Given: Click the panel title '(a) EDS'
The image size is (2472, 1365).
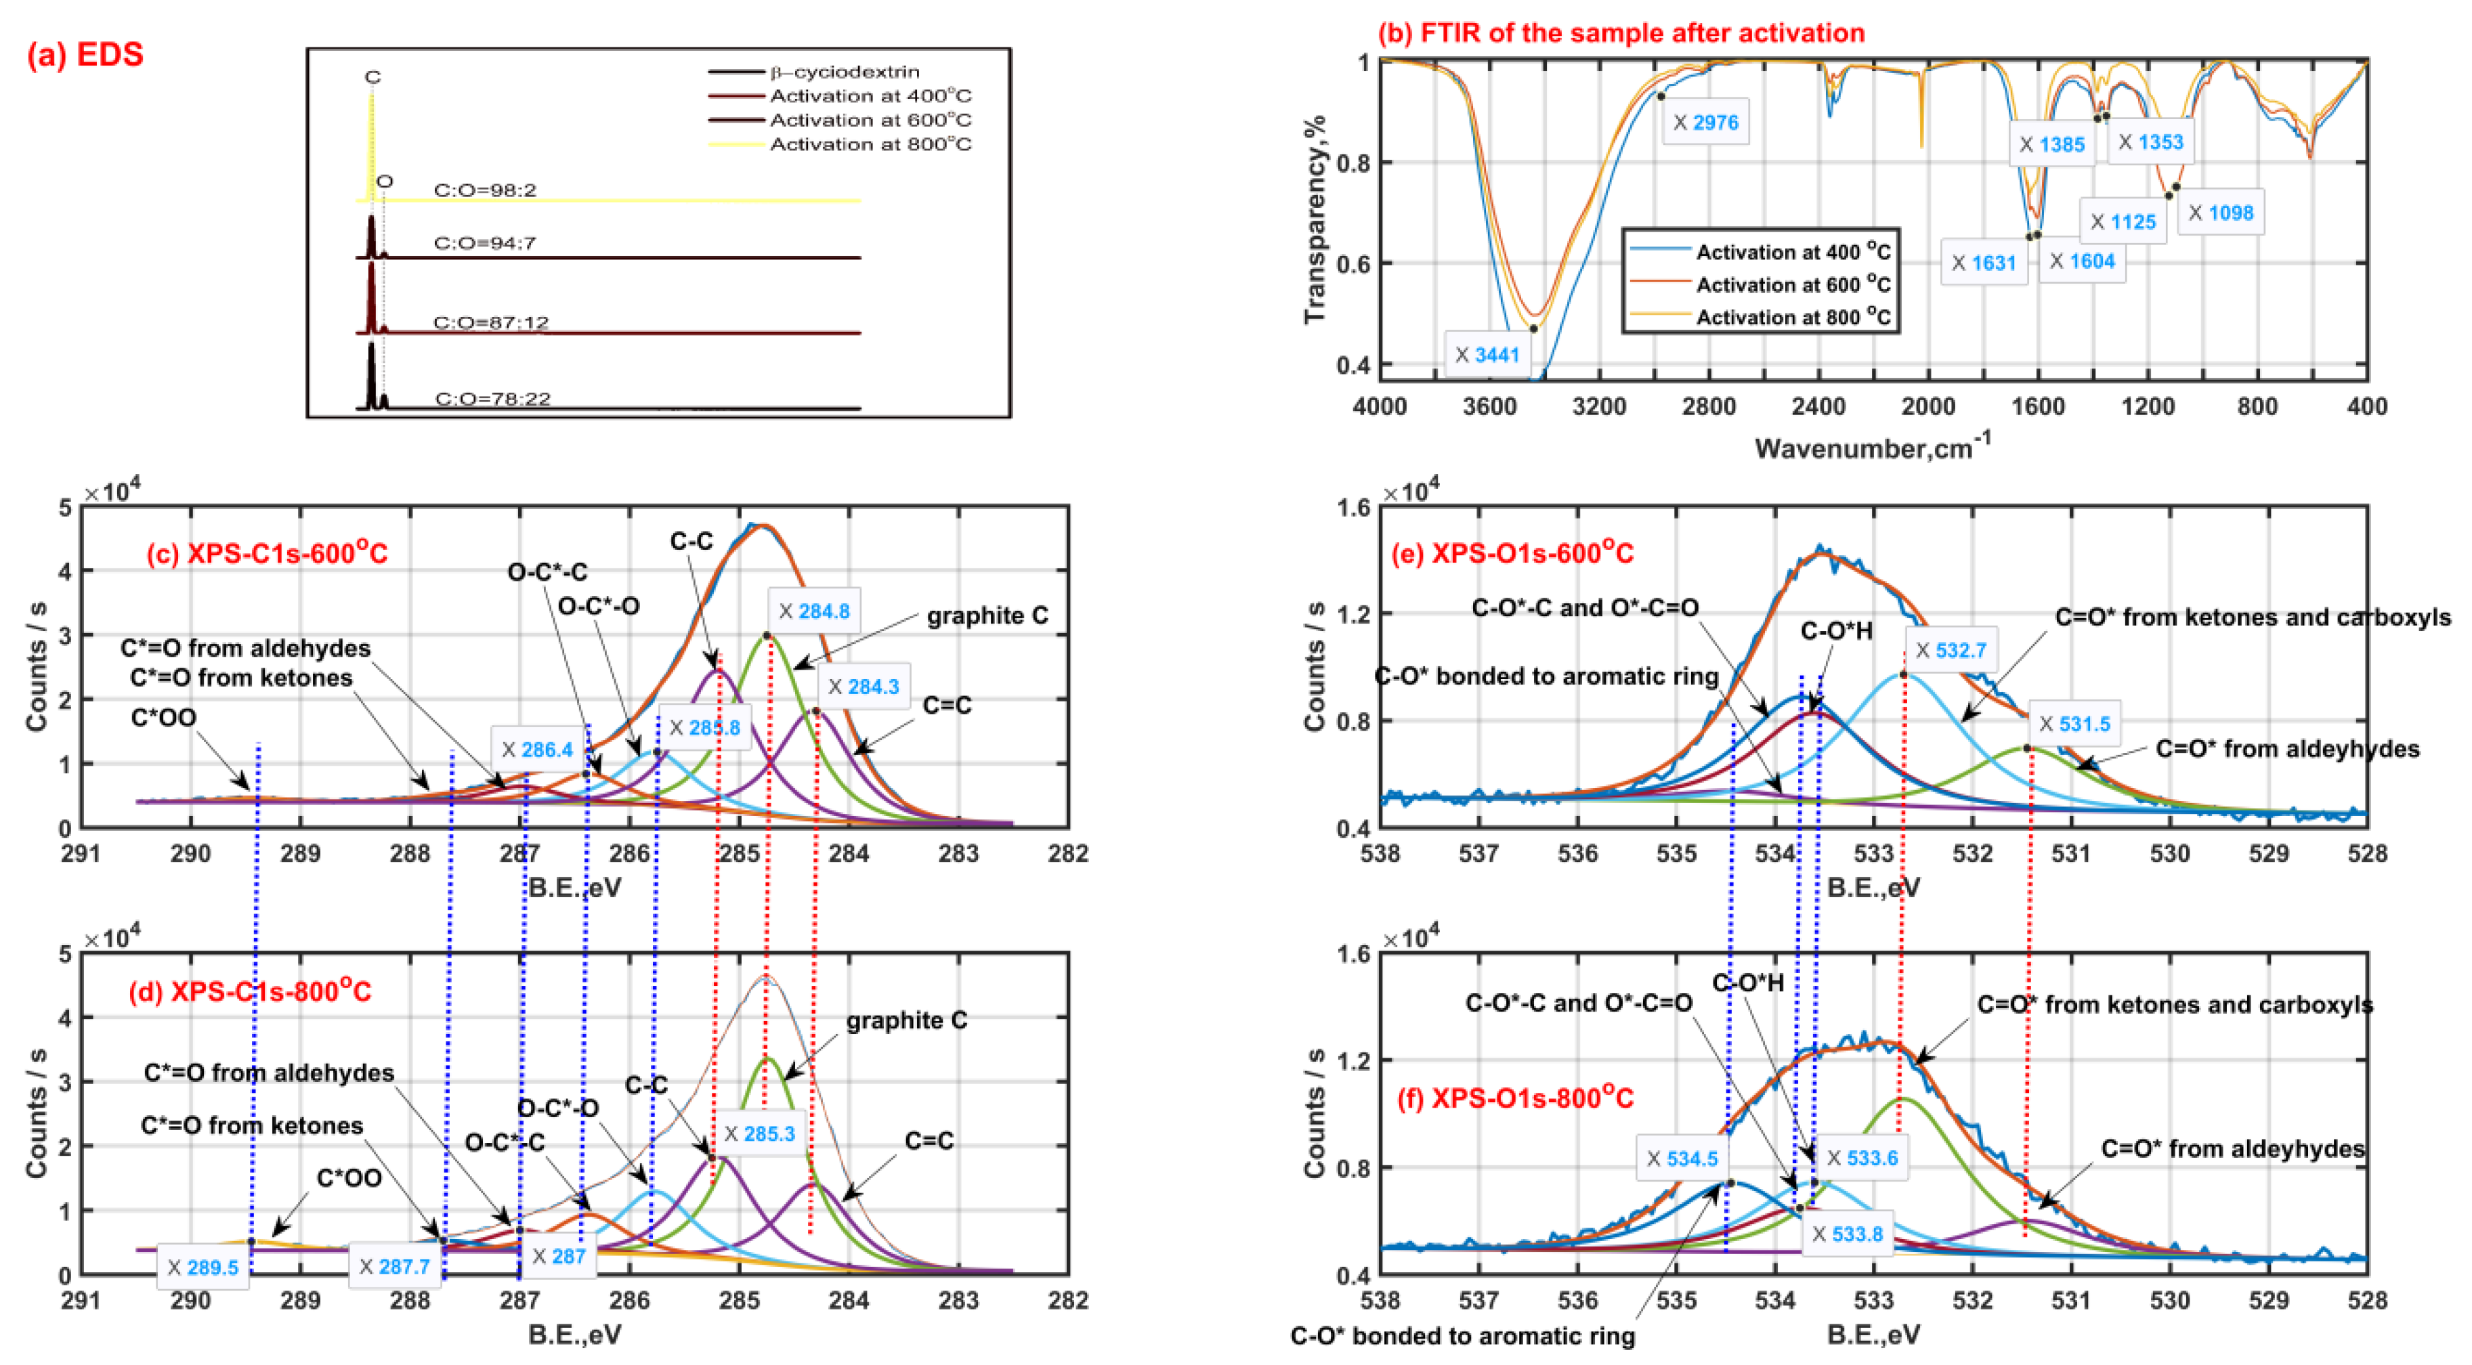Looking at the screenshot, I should click(85, 55).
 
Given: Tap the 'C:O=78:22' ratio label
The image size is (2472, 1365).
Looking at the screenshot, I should click(492, 398).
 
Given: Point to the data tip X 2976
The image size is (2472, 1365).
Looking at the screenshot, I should click(1705, 123).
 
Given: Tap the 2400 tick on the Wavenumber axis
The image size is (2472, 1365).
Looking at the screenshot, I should click(1818, 407).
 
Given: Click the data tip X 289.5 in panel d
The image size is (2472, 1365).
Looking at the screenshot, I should click(203, 1267).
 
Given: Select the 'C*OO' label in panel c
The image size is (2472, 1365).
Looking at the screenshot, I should click(163, 718).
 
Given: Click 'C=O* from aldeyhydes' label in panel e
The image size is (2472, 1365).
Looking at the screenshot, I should click(2287, 749).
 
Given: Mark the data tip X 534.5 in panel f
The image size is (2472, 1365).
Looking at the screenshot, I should click(1682, 1158).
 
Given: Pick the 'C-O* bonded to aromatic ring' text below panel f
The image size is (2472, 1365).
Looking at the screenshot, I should click(1462, 1336).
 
